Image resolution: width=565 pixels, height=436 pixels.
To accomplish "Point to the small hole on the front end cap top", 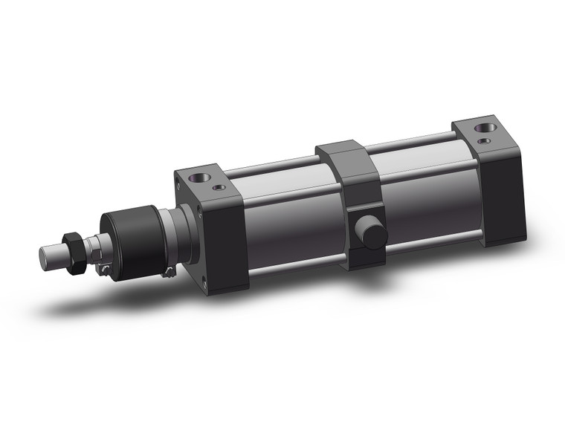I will (217, 187).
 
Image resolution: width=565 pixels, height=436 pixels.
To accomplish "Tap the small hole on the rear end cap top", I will (484, 139).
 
